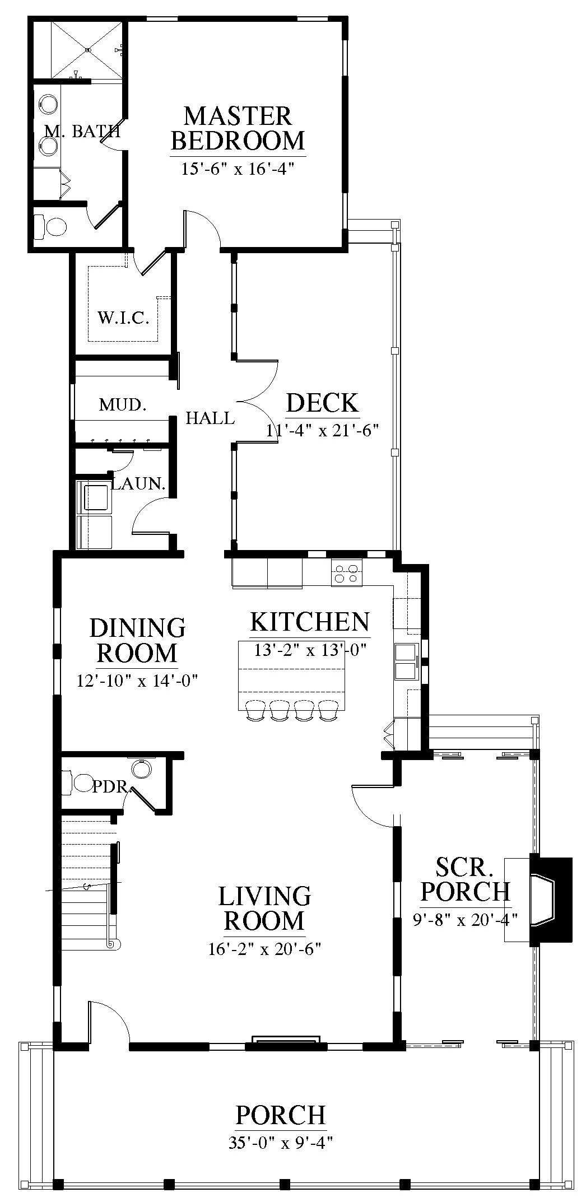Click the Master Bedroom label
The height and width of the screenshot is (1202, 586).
238,128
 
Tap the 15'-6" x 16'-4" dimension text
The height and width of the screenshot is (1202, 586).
238,169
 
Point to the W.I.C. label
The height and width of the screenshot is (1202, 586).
123,319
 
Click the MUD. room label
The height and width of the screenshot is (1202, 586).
123,404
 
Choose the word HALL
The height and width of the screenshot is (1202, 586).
210,417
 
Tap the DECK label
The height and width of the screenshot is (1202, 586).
323,403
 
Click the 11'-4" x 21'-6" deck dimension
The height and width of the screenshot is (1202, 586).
323,430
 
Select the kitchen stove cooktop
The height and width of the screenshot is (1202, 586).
346,574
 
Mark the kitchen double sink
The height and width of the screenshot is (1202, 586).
406,661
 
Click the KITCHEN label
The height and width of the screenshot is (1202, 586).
310,622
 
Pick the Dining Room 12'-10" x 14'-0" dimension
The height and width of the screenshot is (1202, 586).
138,681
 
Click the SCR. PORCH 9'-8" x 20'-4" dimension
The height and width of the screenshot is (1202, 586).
465,920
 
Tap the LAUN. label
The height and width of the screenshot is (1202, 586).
139,484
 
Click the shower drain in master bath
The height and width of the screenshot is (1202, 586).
88,50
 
